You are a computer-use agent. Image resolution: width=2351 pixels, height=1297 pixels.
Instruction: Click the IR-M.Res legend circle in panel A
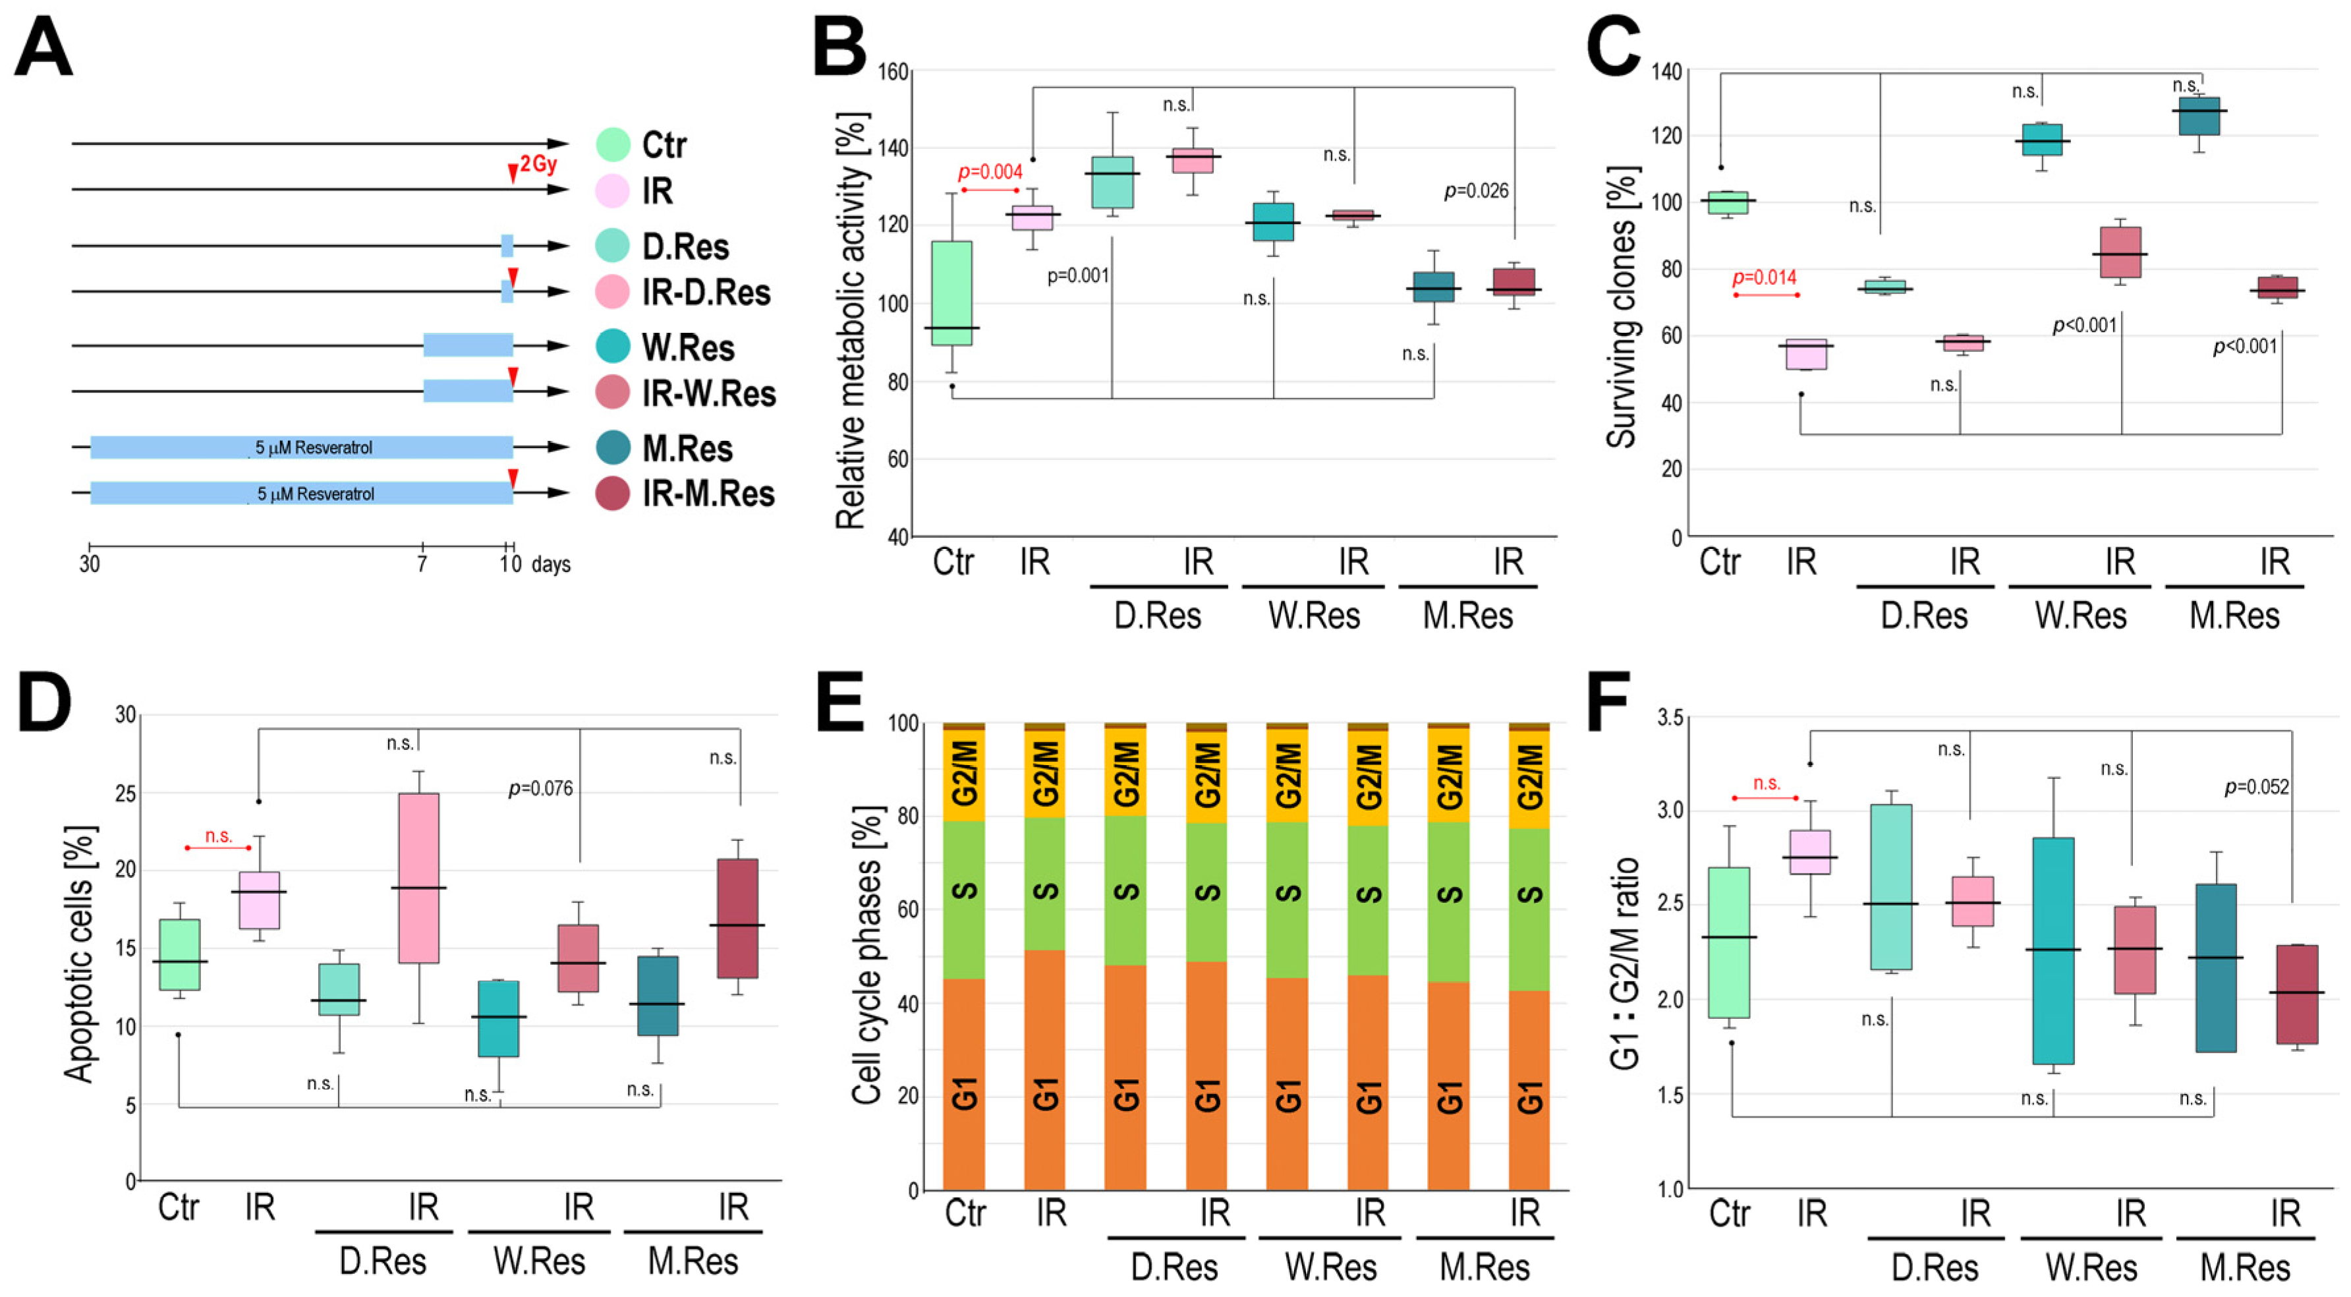point(612,494)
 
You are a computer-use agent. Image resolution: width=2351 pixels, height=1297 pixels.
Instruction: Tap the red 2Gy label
point(538,164)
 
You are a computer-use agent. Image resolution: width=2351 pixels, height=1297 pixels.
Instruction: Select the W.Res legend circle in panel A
point(612,347)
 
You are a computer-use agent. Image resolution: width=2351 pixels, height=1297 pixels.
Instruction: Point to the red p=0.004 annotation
point(990,171)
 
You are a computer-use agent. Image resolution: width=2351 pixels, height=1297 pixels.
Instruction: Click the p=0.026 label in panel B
point(1476,190)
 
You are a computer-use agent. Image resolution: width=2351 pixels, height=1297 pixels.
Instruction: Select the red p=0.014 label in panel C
point(1764,277)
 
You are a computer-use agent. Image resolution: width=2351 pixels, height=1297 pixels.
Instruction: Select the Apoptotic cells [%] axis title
point(80,954)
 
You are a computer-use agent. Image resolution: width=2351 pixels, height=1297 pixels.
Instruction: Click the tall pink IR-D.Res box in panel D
point(419,877)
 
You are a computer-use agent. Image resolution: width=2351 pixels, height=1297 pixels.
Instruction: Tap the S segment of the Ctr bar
point(964,899)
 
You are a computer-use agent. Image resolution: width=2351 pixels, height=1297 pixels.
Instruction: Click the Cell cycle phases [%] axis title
point(867,954)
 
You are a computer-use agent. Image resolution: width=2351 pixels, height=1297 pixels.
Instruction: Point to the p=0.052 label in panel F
point(2256,787)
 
